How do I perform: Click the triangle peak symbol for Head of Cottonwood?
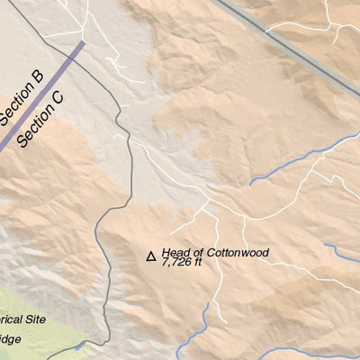point(151,256)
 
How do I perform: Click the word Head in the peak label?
point(176,254)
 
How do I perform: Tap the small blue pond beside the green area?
point(82,346)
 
